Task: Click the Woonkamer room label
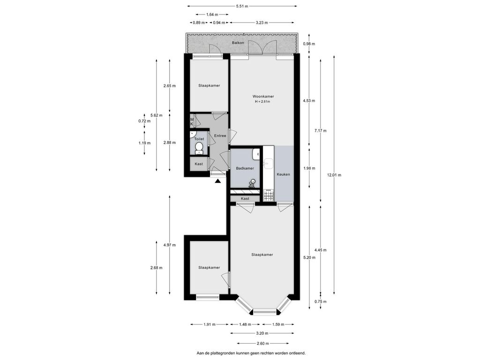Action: (x=263, y=97)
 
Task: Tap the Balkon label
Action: (x=238, y=43)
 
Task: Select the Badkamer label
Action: (x=245, y=168)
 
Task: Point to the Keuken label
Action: (x=283, y=174)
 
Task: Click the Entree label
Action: (x=220, y=136)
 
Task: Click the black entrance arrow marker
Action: (x=217, y=181)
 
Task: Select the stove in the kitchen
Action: (x=269, y=195)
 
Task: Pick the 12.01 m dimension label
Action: (x=334, y=175)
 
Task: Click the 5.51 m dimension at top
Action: (x=242, y=6)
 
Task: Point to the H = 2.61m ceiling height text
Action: (x=262, y=102)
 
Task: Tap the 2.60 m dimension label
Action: (x=262, y=344)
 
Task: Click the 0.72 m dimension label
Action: (x=144, y=121)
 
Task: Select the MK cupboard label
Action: (x=192, y=122)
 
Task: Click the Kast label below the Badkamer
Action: (x=245, y=199)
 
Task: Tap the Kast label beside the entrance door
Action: (x=199, y=164)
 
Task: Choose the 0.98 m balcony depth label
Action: (x=309, y=44)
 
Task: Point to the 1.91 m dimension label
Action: (x=210, y=324)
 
